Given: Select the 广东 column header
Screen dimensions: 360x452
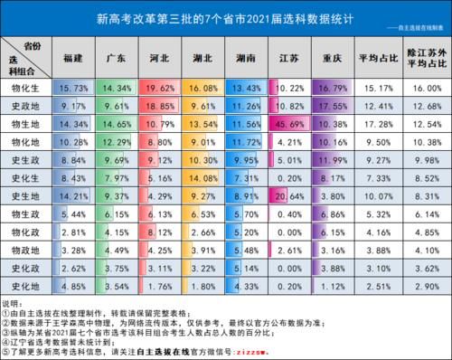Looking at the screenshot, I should coord(118,59).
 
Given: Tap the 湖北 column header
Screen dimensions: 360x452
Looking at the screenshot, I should coord(205,59).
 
